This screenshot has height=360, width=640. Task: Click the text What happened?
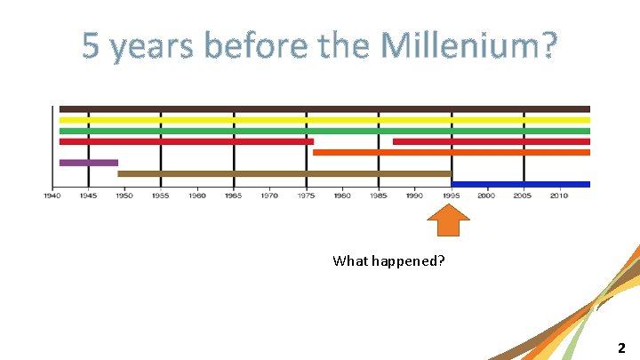coord(388,260)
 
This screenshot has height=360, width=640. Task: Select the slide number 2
coord(622,348)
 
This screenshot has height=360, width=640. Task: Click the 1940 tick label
coord(52,196)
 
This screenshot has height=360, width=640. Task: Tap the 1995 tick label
coord(451,196)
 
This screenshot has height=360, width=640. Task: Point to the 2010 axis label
coord(559,196)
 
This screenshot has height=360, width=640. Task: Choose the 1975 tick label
coord(306,196)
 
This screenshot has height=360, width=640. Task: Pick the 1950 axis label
coord(124,196)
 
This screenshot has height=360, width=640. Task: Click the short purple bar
coord(88,163)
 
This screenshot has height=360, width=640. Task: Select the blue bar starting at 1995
coord(520,184)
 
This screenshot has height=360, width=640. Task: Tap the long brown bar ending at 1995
coord(284,173)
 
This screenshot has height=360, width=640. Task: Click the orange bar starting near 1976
coord(452,152)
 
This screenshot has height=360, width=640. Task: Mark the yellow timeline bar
coord(324,120)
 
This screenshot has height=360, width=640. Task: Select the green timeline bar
coord(324,131)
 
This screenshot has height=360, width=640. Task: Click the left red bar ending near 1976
coord(186,141)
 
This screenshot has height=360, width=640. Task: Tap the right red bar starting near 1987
coord(491,141)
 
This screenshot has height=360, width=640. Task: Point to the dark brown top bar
coord(324,108)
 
